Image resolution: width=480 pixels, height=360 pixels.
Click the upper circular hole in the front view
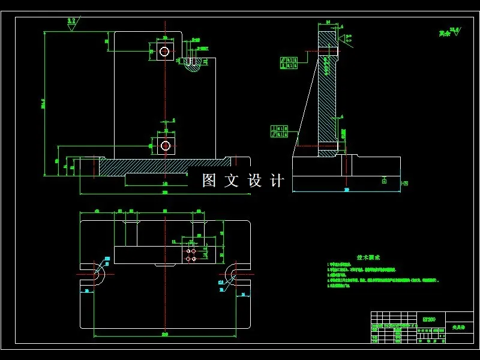(164, 52)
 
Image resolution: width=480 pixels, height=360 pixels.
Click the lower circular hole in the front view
(165, 145)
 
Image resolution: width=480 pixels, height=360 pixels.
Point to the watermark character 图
(209, 180)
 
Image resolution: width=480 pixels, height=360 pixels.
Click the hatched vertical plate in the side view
(328, 96)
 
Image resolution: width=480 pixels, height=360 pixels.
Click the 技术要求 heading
(368, 257)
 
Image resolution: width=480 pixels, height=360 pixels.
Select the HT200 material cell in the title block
(430, 319)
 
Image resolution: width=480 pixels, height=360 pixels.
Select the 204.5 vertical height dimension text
(43, 105)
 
